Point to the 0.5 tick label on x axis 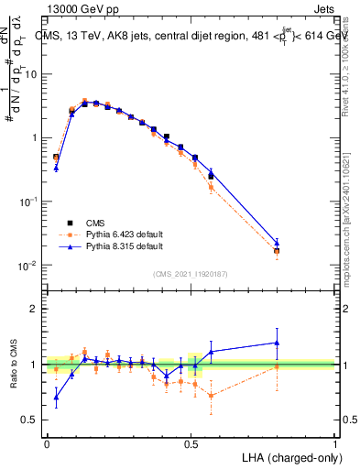191,442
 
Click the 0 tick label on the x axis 47,442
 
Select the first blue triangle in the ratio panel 56,397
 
